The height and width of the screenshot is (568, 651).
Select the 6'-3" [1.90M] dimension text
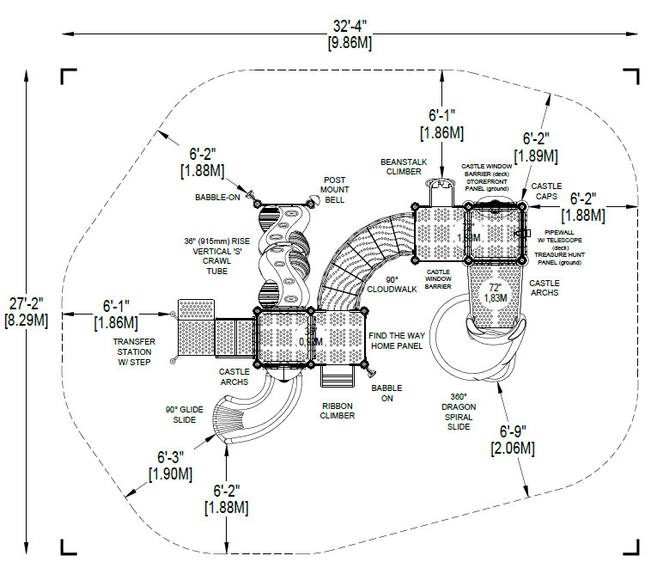pyautogui.click(x=170, y=465)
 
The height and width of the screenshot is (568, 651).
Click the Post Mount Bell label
pyautogui.click(x=334, y=189)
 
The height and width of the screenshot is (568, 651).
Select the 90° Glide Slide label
pyautogui.click(x=185, y=415)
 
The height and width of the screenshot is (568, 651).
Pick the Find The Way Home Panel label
pyautogui.click(x=396, y=340)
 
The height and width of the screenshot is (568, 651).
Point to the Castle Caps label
pyautogui.click(x=546, y=191)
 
